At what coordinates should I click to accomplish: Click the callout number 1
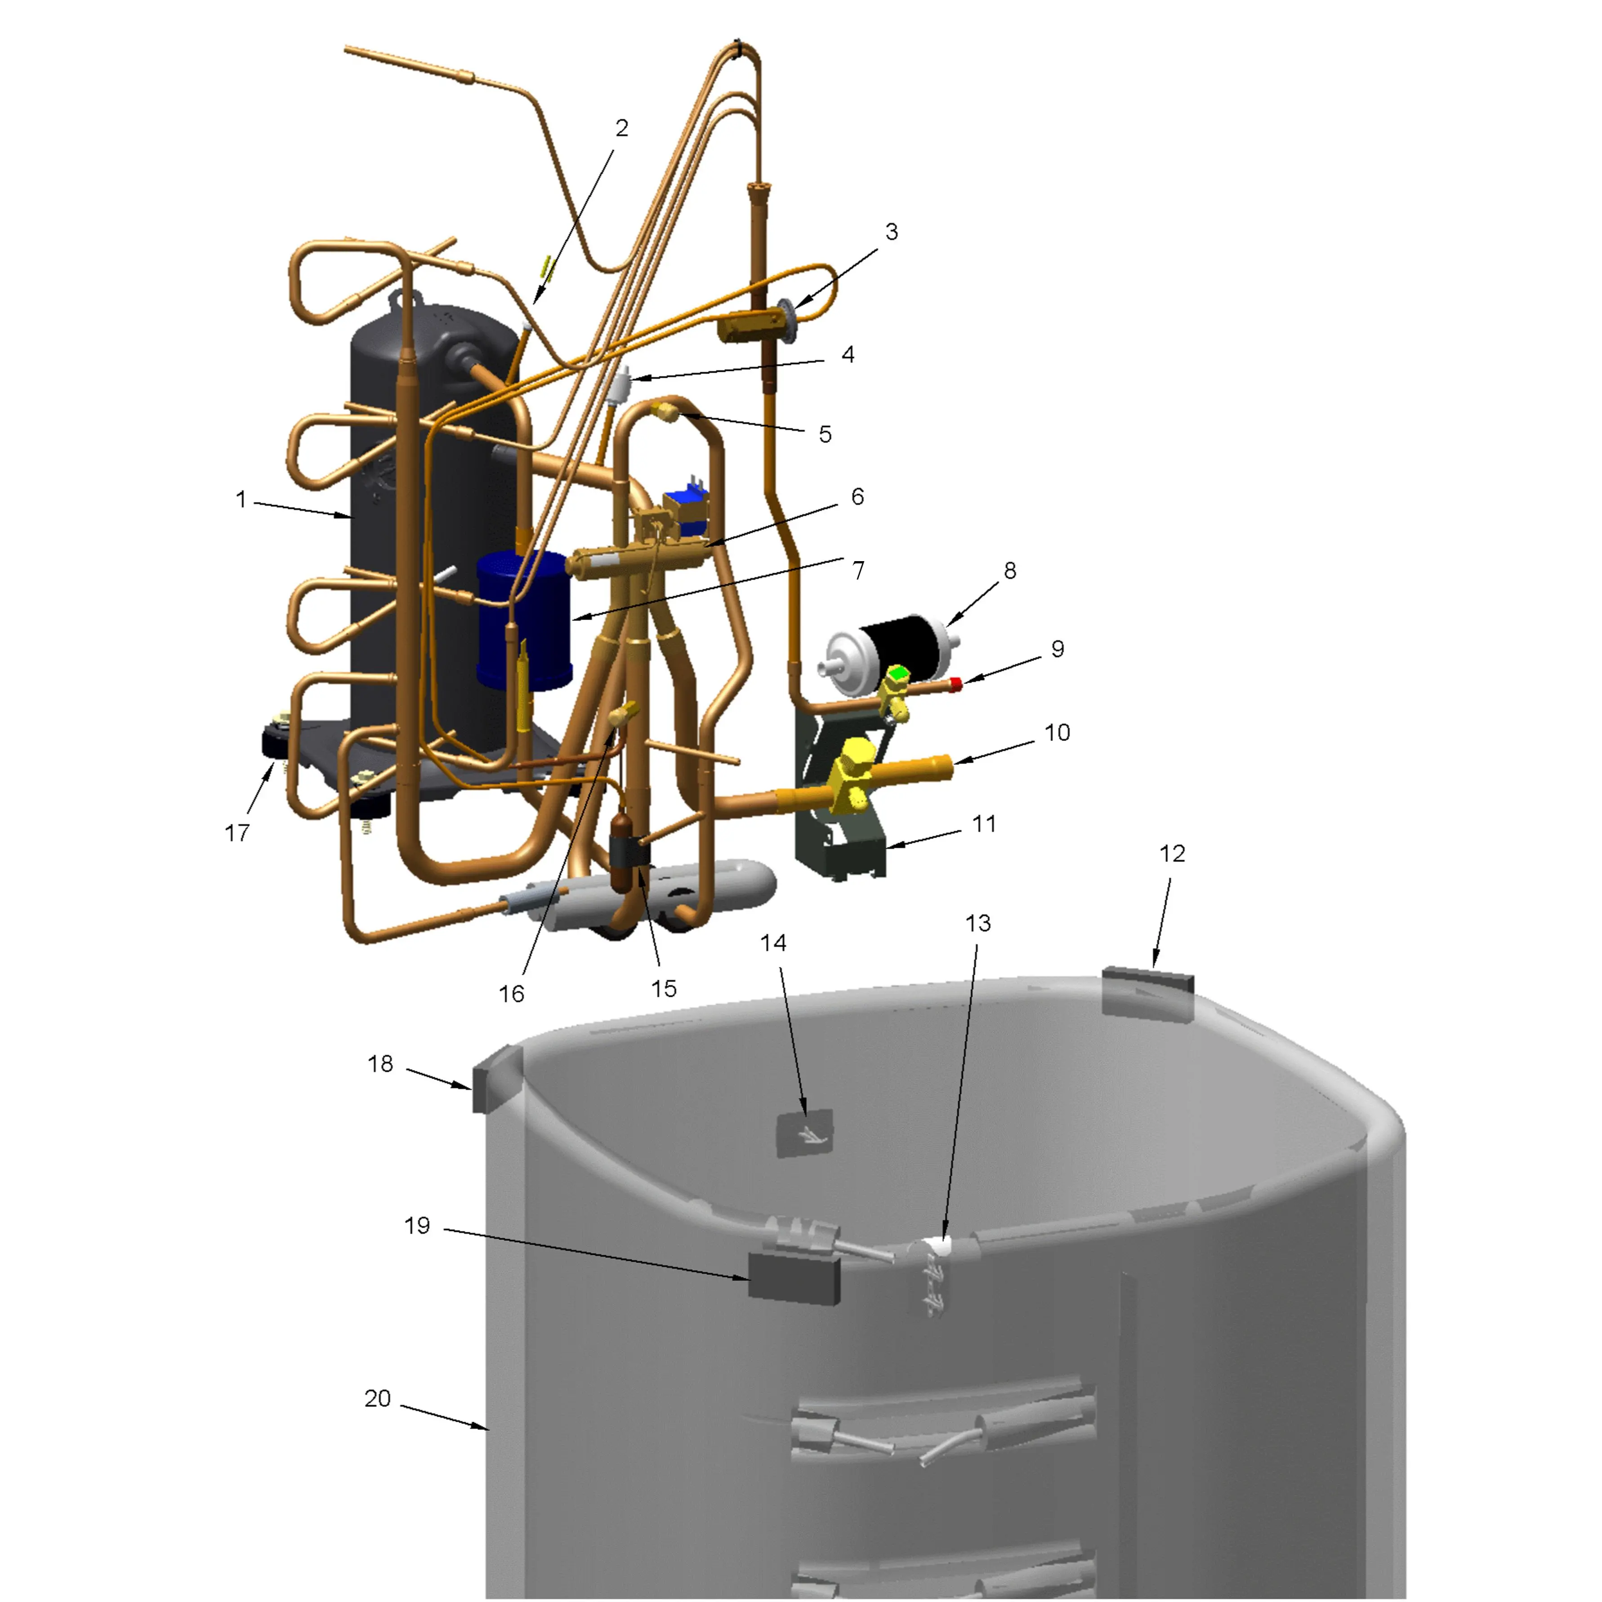coord(241,499)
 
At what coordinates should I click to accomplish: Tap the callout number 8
coord(1009,571)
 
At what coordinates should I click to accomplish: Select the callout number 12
coord(1172,853)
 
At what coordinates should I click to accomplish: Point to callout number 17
coord(237,833)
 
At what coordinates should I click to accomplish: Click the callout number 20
coord(377,1398)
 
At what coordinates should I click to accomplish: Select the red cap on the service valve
coord(956,684)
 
